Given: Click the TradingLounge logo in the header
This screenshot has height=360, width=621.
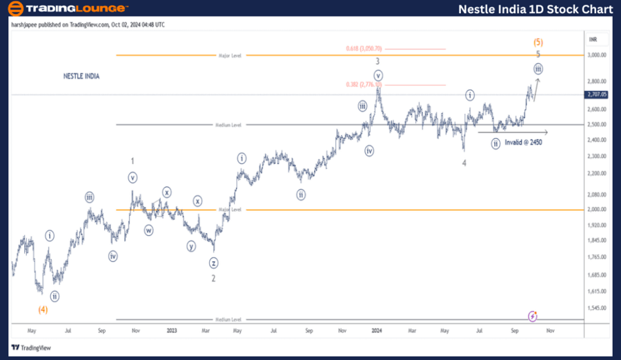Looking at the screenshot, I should (x=67, y=9).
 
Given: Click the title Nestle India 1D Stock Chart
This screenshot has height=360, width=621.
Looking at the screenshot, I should (x=535, y=9).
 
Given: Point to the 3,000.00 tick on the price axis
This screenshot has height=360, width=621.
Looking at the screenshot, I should (x=596, y=55).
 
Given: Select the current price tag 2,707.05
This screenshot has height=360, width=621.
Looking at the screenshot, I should (x=596, y=94).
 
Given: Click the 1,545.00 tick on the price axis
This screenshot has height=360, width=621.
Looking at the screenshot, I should (x=596, y=308).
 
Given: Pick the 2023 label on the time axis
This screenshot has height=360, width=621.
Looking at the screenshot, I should (x=172, y=330).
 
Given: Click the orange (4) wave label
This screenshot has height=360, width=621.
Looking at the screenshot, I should (x=43, y=309).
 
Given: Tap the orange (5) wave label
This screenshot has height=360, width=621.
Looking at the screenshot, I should (x=538, y=41).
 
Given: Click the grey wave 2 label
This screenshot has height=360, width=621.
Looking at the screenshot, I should (x=214, y=278).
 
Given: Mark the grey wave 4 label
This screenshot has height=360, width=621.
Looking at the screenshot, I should (x=464, y=163).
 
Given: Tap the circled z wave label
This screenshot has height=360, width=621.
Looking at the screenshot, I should (x=215, y=263).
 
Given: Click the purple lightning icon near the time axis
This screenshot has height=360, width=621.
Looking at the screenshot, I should (x=533, y=316).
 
